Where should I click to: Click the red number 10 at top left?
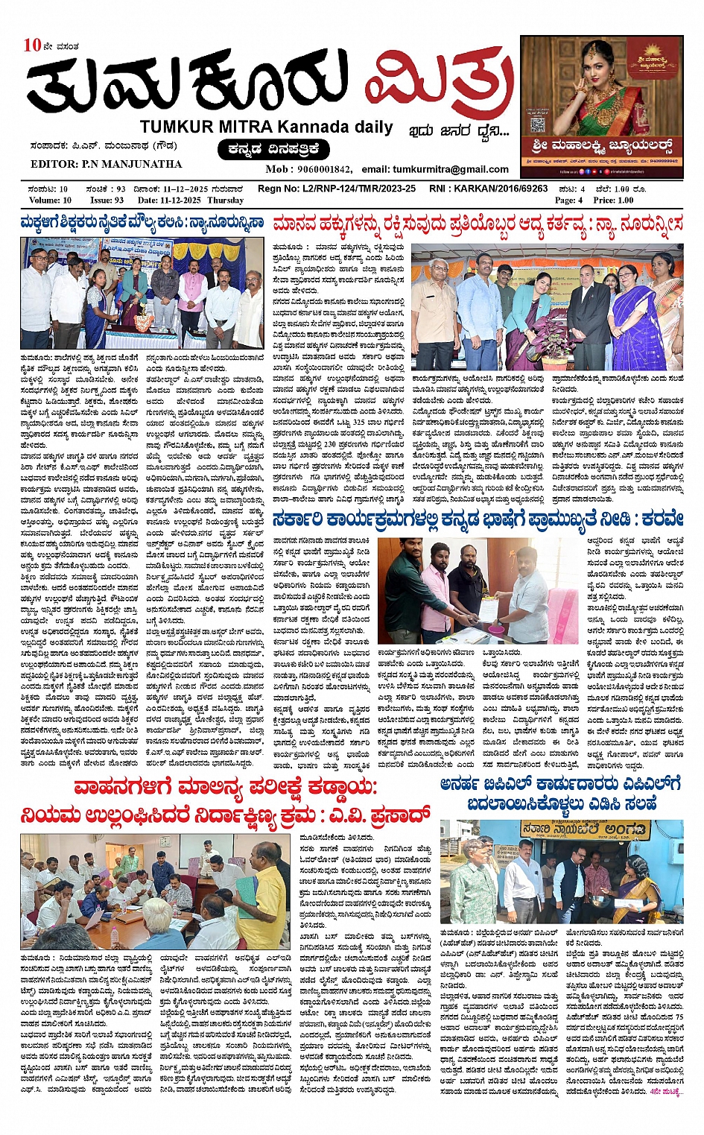click(32, 45)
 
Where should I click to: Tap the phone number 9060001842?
click(324, 169)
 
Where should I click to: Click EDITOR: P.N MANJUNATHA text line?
click(106, 164)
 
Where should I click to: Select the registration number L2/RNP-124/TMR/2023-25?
click(358, 189)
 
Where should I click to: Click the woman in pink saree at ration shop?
click(638, 894)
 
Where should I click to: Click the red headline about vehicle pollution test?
click(225, 801)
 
